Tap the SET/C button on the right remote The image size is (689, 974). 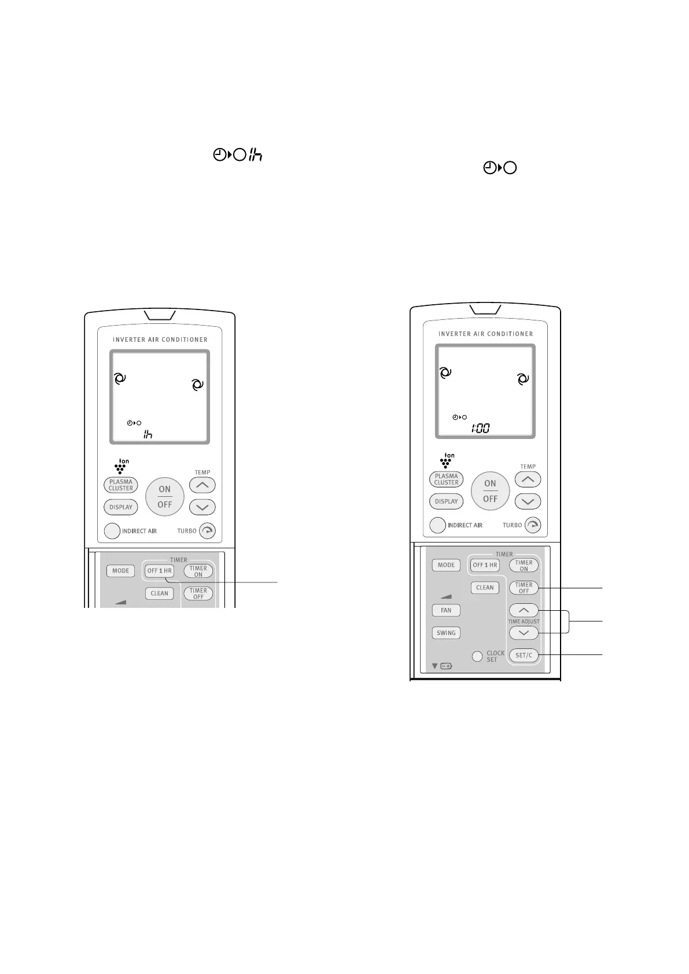click(x=524, y=655)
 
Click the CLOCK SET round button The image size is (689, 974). click(x=477, y=656)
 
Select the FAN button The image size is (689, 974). click(x=446, y=610)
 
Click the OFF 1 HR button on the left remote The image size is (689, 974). click(x=159, y=571)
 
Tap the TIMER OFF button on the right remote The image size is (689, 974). click(x=524, y=588)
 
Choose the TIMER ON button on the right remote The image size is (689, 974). click(x=524, y=565)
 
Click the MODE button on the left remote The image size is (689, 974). click(x=120, y=571)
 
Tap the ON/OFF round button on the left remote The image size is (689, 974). click(x=165, y=497)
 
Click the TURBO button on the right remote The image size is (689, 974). click(x=532, y=525)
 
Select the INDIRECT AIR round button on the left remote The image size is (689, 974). click(x=112, y=531)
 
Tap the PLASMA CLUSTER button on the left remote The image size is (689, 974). click(x=121, y=485)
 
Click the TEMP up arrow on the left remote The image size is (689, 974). click(x=202, y=485)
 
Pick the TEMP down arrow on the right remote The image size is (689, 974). click(x=528, y=501)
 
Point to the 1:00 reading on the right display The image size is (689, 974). click(x=480, y=429)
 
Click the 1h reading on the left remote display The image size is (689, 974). click(x=148, y=434)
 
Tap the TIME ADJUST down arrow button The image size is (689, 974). click(x=524, y=633)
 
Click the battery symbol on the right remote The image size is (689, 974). click(x=446, y=666)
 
